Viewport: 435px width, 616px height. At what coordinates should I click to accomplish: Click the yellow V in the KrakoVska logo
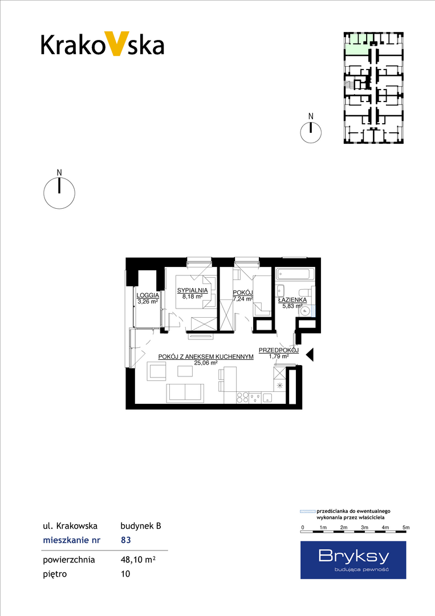[x=116, y=43]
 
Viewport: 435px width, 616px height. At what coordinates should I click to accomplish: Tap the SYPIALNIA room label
[x=192, y=290]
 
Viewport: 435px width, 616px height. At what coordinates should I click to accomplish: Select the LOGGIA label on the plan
[x=148, y=295]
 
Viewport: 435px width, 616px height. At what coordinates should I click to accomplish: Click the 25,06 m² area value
[x=206, y=363]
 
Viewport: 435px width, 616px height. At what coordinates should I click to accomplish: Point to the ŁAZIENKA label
[x=292, y=300]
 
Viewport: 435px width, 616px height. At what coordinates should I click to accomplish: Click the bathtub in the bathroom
[x=295, y=274]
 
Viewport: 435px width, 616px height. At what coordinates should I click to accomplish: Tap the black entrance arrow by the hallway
[x=310, y=355]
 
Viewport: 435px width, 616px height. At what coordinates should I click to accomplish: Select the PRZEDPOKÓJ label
[x=279, y=350]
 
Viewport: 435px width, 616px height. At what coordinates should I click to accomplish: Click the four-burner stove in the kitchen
[x=242, y=398]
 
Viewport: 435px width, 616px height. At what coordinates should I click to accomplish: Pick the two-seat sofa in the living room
[x=185, y=393]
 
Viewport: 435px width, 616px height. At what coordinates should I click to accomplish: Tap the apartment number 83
[x=125, y=540]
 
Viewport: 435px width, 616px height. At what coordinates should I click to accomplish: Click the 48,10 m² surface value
[x=138, y=560]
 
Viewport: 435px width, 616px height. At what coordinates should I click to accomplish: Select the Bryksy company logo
[x=353, y=560]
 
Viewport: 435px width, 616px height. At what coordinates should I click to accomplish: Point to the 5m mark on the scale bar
[x=406, y=527]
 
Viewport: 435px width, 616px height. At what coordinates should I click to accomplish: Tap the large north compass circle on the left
[x=59, y=193]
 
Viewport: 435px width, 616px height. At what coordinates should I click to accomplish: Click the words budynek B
[x=141, y=526]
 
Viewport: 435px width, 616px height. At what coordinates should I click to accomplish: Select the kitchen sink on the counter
[x=268, y=398]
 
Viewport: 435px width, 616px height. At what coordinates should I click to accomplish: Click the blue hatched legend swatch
[x=307, y=512]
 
